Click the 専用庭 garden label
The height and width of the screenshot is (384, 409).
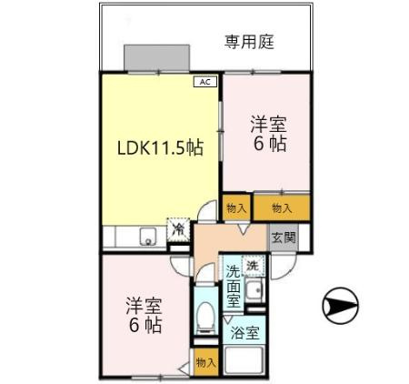coord(250,41)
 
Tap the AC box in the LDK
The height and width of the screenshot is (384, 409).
coord(204,81)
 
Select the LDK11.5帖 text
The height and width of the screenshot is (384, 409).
coord(158,148)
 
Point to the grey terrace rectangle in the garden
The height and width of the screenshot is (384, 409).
coord(157,56)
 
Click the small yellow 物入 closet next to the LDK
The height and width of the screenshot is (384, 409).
coord(236,208)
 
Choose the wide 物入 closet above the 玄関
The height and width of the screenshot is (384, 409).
coord(282,208)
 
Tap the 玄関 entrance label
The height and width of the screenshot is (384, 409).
coord(283,237)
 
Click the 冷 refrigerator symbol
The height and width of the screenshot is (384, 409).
coord(179,229)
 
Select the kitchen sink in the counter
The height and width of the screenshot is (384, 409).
coord(145,238)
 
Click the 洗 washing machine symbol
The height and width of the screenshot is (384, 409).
coord(254,267)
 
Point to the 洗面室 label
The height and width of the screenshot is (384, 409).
coord(234,285)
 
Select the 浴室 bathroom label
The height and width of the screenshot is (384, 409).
coord(244,333)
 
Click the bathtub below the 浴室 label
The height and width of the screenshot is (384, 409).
coord(244,361)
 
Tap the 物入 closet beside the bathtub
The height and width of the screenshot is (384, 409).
coord(205,362)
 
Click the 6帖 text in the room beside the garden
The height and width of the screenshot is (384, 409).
coord(270,145)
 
